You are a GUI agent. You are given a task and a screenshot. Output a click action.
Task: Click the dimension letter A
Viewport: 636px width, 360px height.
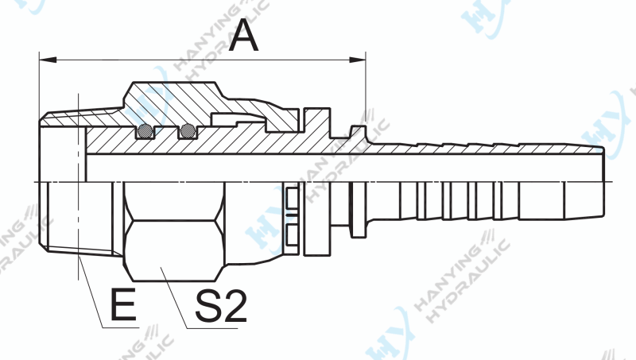click(243, 35)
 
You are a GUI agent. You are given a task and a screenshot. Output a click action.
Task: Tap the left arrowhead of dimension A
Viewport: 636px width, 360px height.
click(46, 57)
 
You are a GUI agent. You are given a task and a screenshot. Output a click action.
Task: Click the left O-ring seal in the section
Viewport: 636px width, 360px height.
click(145, 131)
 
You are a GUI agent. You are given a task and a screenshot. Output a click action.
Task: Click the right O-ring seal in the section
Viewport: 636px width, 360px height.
click(188, 131)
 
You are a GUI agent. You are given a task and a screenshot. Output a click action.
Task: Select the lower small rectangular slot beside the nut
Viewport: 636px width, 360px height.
click(292, 233)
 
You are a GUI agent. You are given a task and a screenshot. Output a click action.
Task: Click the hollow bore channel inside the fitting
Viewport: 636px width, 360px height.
click(318, 168)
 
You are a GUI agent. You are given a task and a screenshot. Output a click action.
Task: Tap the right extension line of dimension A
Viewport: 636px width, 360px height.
click(366, 87)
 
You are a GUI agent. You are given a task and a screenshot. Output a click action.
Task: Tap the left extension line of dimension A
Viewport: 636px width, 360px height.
click(39, 87)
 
